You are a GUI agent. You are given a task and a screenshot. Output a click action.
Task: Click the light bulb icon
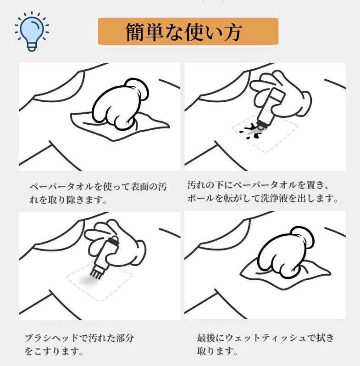32,31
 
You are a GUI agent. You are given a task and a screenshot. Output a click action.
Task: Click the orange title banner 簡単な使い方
188,31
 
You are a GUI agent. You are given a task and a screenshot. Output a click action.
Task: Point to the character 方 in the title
232,32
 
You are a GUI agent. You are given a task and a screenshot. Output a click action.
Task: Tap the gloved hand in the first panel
121,104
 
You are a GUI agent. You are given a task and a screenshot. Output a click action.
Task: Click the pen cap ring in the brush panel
115,239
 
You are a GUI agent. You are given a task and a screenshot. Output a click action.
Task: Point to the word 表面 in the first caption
139,187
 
